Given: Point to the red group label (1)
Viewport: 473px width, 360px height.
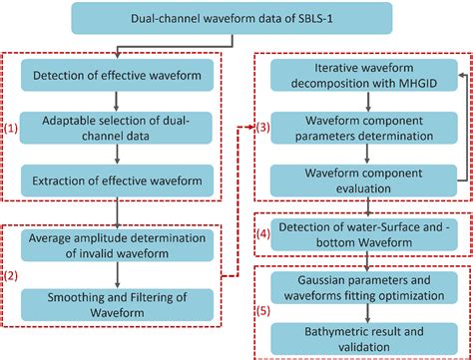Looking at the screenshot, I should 12,127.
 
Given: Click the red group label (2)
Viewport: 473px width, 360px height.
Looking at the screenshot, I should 12,270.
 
